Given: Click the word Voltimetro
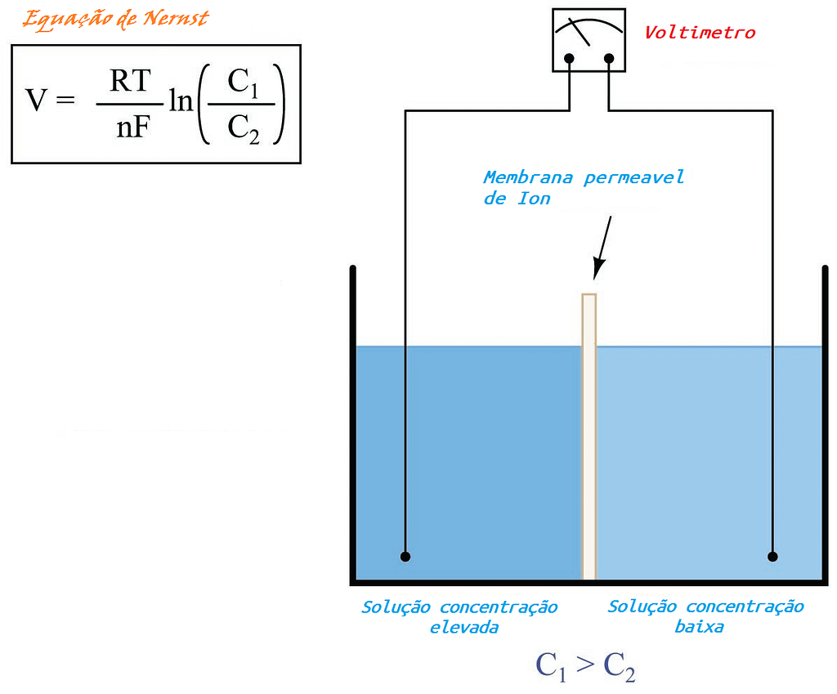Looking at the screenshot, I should coord(700,33).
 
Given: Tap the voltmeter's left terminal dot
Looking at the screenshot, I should coord(570,58).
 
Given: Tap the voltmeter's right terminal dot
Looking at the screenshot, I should coord(609,58).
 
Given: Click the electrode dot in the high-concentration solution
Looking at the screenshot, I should coord(405,557).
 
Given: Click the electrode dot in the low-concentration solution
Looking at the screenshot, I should coord(772,557).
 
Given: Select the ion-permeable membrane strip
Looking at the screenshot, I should coord(589,433).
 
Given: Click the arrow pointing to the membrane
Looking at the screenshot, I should coord(602,246).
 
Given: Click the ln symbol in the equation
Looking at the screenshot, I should coord(181,103).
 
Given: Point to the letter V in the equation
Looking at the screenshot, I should coord(36,103).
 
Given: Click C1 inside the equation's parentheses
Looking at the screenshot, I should coord(243,83).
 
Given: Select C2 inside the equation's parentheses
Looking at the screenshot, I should coord(243,127).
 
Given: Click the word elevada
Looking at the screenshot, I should coord(463,628).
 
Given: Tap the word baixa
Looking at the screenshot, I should coord(699,628).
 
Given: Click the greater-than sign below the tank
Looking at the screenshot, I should coord(584,665).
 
